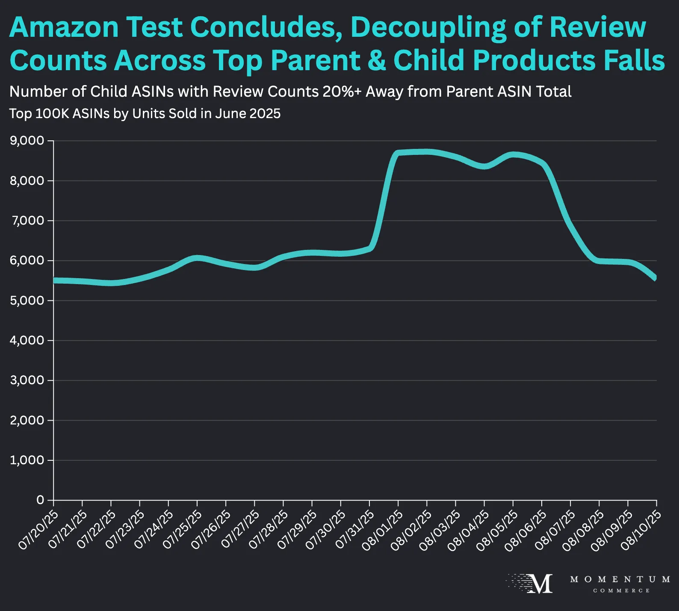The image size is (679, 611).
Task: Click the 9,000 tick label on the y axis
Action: [x=27, y=141]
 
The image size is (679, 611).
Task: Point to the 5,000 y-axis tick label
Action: [x=27, y=300]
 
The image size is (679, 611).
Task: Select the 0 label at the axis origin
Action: [x=40, y=500]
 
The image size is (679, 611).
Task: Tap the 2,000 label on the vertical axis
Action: [x=27, y=420]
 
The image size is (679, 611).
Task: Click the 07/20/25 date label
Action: [x=38, y=530]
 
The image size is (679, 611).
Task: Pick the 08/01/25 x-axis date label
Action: [x=383, y=530]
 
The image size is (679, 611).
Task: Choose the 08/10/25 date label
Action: [x=641, y=530]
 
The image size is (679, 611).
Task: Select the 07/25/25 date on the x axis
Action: [x=182, y=530]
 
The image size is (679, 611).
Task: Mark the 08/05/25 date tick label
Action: [x=498, y=530]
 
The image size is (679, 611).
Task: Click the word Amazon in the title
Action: [x=64, y=27]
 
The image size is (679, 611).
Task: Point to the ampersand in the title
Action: [x=376, y=60]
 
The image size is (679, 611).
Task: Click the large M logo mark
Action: [x=540, y=584]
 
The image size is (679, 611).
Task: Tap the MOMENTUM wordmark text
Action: [x=620, y=579]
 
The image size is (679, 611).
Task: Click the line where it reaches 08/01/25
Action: [x=398, y=153]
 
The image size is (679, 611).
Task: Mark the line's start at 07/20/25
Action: [x=54, y=280]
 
